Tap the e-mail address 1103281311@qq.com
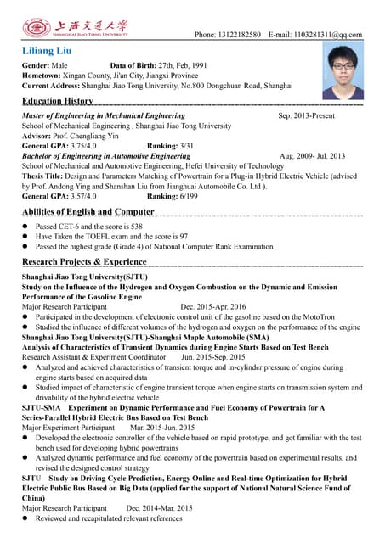point(327,35)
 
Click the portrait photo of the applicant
point(344,72)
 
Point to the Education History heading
point(58,101)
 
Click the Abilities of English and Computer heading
point(88,212)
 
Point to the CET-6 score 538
point(133,227)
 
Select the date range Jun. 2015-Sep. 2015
point(214,358)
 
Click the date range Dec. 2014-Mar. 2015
point(160,508)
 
